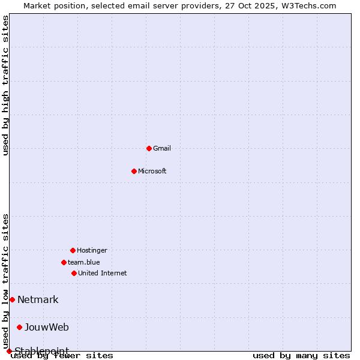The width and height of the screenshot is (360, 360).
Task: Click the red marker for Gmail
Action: click(149, 148)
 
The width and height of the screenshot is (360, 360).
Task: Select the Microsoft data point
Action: click(134, 171)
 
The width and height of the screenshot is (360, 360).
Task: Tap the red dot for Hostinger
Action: click(73, 250)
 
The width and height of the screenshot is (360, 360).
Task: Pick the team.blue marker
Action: click(64, 262)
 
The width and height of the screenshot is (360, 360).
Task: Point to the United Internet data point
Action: click(74, 273)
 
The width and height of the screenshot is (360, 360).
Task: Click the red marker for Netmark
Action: click(12, 299)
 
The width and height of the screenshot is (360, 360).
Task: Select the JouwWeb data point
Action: click(19, 327)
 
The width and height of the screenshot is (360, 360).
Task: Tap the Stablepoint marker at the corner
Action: click(9, 351)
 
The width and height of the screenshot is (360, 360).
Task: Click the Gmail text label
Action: click(162, 148)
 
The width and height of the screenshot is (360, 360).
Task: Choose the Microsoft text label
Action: click(152, 171)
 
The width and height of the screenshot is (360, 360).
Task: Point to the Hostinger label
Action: click(92, 250)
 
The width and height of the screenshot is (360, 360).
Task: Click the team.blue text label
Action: click(84, 262)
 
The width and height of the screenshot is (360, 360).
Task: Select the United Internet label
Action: click(103, 273)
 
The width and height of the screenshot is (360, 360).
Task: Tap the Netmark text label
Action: click(38, 299)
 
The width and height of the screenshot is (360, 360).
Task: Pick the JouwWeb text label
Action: click(47, 327)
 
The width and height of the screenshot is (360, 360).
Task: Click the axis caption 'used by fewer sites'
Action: click(62, 355)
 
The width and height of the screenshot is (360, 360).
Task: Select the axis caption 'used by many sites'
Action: click(301, 355)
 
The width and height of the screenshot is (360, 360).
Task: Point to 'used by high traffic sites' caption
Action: click(6, 85)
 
